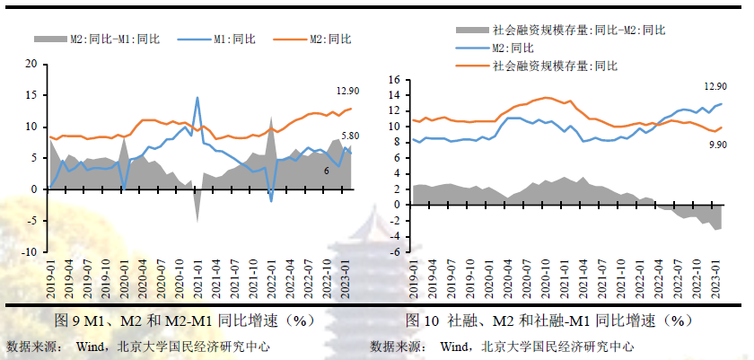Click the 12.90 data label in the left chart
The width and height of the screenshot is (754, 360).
pyautogui.click(x=348, y=91)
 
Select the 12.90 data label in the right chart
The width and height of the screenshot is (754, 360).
pyautogui.click(x=715, y=86)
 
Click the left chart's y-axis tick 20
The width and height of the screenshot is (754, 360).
pyautogui.click(x=32, y=65)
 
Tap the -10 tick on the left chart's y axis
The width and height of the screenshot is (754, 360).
pyautogui.click(x=30, y=251)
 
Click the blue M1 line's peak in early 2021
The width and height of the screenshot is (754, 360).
pyautogui.click(x=197, y=98)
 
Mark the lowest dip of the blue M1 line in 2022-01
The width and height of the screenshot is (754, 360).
pyautogui.click(x=271, y=201)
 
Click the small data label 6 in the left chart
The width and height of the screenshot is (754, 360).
pyautogui.click(x=326, y=171)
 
